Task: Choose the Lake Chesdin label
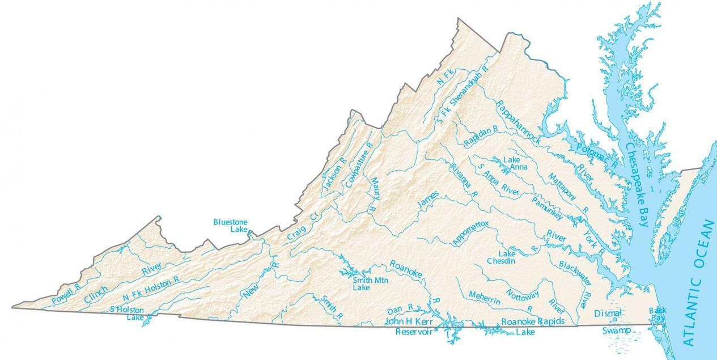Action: point(502,257)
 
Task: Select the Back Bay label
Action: point(657,315)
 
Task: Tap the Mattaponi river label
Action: point(563,185)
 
